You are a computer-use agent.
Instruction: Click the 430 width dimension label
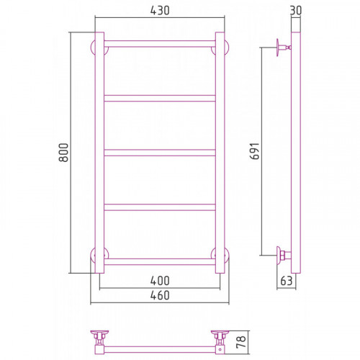(x=160, y=10)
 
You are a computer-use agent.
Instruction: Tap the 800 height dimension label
(x=63, y=153)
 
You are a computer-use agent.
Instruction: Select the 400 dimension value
(x=160, y=281)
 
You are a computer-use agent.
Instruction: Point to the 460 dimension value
(x=160, y=295)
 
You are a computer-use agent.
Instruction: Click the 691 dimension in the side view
(x=255, y=151)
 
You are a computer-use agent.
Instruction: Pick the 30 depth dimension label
(x=296, y=10)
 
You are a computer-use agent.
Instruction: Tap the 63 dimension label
(x=287, y=281)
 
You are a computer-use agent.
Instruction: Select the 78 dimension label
(x=241, y=342)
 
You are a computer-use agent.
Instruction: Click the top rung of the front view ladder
(x=160, y=44)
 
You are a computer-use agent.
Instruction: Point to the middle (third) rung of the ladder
(x=160, y=153)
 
